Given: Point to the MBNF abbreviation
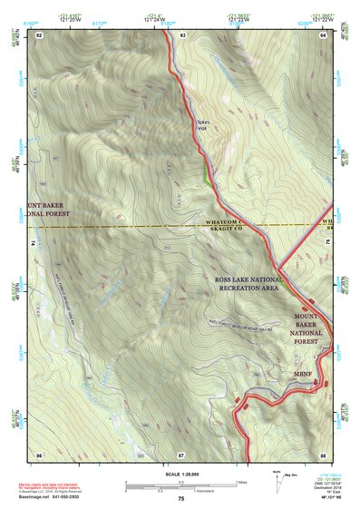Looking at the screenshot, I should coord(303,372).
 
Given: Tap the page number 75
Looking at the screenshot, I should coord(180,499).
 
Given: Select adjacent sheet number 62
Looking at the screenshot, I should coord(39,34).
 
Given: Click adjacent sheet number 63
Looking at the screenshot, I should coord(181,34).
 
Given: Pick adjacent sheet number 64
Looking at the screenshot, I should coord(324,34).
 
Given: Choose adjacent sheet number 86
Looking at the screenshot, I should coord(39,453).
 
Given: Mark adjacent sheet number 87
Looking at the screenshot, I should coord(181,453).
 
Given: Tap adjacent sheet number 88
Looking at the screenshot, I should coord(324,453).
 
